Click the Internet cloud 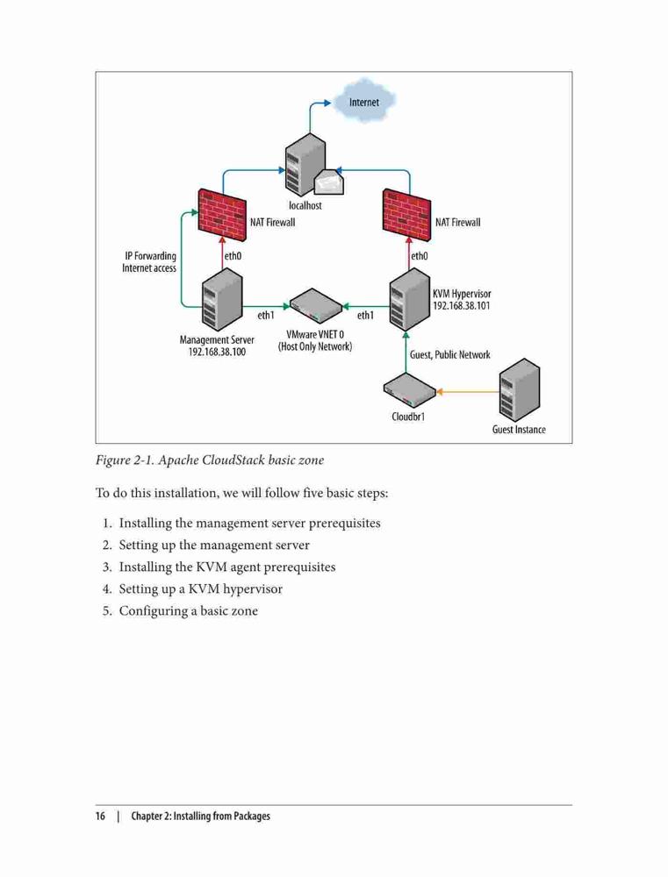(364, 101)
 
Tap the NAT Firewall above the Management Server (222, 216)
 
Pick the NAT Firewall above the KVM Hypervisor (407, 216)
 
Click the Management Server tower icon (222, 300)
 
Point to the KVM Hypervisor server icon (410, 300)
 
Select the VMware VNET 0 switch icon (316, 306)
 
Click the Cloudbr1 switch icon (409, 391)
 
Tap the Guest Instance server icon (520, 390)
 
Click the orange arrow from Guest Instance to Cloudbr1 (468, 392)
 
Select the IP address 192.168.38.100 (217, 353)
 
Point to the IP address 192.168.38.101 (462, 306)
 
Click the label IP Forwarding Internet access (149, 261)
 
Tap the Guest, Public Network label (449, 354)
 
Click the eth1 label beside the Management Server (266, 316)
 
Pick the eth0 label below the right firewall (420, 256)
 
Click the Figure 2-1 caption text (210, 460)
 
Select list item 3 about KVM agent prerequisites (219, 567)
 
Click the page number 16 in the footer (100, 816)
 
